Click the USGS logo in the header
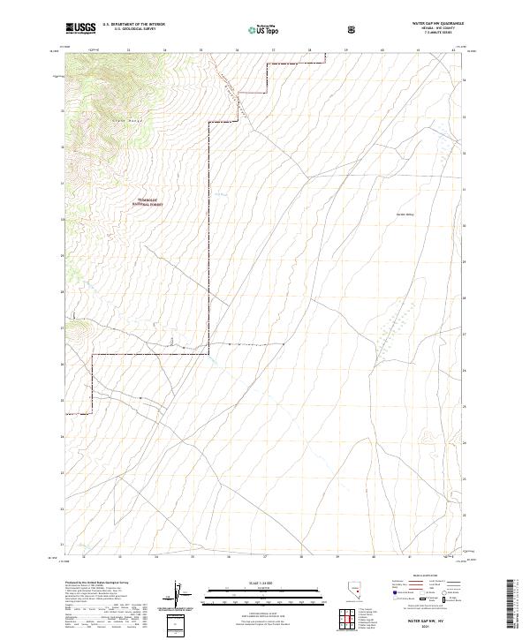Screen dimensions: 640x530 click(x=80, y=28)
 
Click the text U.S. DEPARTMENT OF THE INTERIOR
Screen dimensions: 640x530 click(x=134, y=25)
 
